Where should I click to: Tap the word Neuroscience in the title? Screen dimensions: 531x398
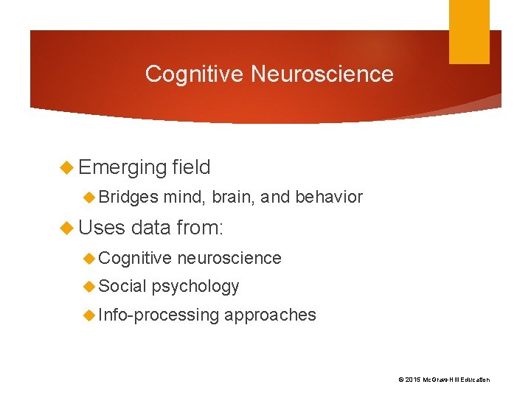coord(322,74)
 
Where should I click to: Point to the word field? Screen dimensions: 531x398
coord(191,168)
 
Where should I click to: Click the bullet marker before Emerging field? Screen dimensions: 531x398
coord(69,168)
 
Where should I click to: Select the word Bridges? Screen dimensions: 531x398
coord(128,198)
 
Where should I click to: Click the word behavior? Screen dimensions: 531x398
coord(329,198)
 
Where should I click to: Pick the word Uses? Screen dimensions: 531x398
coord(102,228)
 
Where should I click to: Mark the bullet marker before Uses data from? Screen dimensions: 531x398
coord(69,228)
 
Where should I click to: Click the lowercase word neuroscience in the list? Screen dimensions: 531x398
coord(229,258)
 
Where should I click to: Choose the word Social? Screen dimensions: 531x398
coord(122,286)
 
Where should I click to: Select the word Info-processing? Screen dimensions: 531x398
coord(159,315)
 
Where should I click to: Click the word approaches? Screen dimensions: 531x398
coord(270,315)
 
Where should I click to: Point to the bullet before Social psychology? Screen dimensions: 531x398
coord(89,286)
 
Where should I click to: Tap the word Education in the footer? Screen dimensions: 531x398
coord(473,380)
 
